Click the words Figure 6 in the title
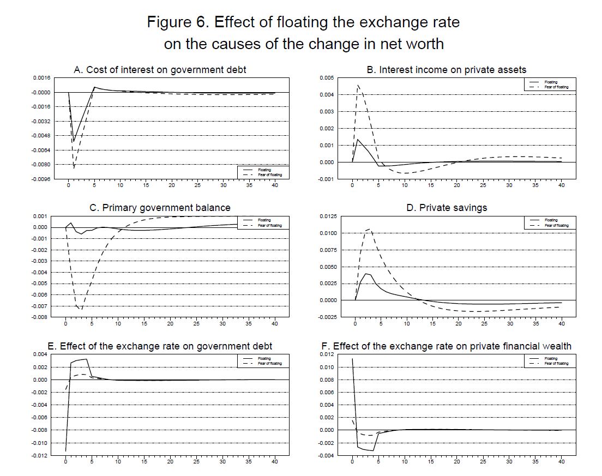[178, 22]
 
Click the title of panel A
[160, 70]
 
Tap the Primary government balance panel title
[160, 208]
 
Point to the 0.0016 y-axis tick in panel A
[42, 79]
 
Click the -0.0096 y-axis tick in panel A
[41, 179]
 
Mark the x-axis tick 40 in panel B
[561, 185]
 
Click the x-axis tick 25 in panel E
[196, 462]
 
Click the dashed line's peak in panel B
[358, 85]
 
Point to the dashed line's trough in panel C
[81, 310]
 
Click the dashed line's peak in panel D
[371, 229]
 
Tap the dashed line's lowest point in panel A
[74, 168]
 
